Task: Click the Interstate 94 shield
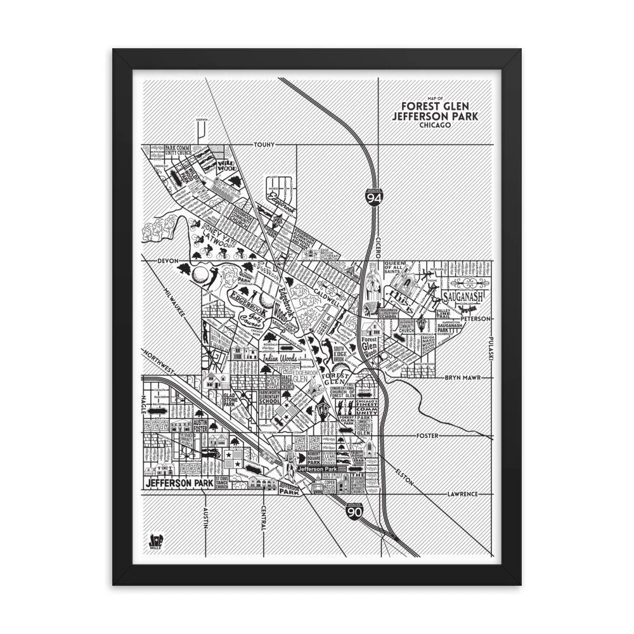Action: coord(373,197)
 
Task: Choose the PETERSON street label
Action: coord(475,319)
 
